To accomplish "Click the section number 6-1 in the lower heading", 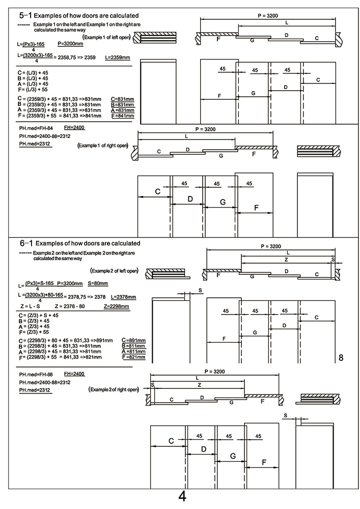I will (x=25, y=243).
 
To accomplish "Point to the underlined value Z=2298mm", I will (x=116, y=306).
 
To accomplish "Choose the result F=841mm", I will (x=122, y=116).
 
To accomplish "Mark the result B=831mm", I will (x=122, y=103).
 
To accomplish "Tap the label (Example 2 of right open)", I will (x=113, y=389).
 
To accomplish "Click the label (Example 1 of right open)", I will (x=102, y=146).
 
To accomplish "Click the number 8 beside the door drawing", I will (x=341, y=358).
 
